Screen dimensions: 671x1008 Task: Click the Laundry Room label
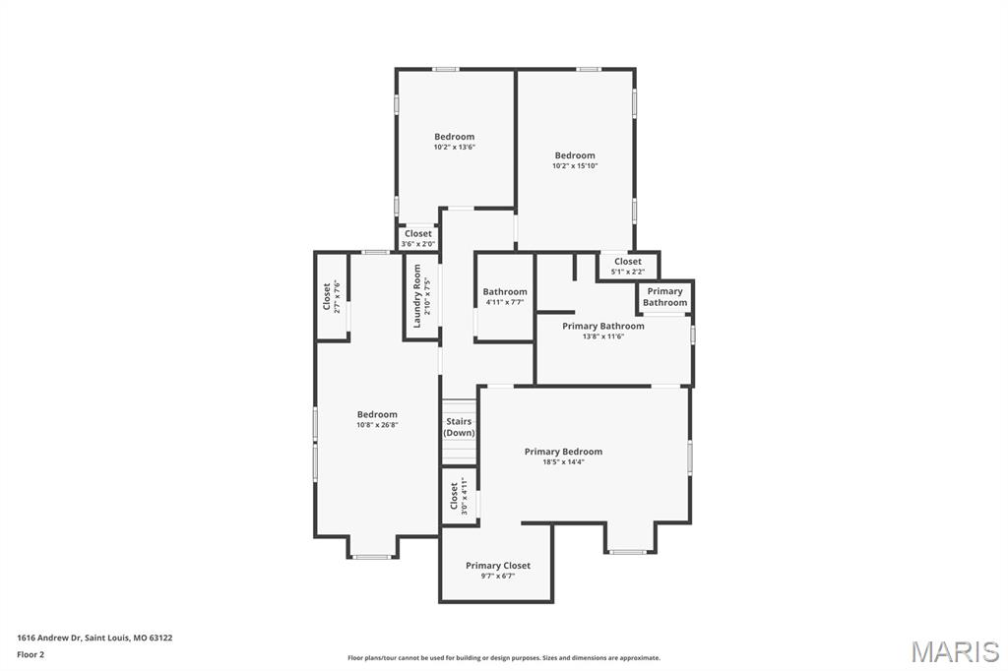[416, 296]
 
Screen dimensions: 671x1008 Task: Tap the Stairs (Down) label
[459, 427]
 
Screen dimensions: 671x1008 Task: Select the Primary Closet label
[497, 566]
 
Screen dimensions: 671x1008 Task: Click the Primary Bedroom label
[563, 452]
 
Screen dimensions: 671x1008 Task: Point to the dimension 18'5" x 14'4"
[563, 462]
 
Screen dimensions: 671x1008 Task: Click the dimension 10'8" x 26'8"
[377, 425]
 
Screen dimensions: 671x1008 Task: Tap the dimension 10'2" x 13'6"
[454, 148]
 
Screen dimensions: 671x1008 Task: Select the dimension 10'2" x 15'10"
[575, 166]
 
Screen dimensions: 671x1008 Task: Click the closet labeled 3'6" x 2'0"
[417, 238]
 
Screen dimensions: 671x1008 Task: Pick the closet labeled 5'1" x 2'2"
[627, 266]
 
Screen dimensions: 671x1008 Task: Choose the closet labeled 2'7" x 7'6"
[331, 296]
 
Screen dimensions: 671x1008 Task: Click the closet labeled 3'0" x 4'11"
[458, 497]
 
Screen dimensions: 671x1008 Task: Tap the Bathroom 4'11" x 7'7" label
[504, 296]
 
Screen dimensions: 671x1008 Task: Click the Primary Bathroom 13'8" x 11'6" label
[603, 331]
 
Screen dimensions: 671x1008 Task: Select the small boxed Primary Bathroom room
[664, 297]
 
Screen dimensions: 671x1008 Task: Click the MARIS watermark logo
[954, 651]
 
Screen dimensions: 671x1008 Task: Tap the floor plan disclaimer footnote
[503, 658]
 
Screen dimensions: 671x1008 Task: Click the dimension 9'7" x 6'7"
[497, 577]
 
